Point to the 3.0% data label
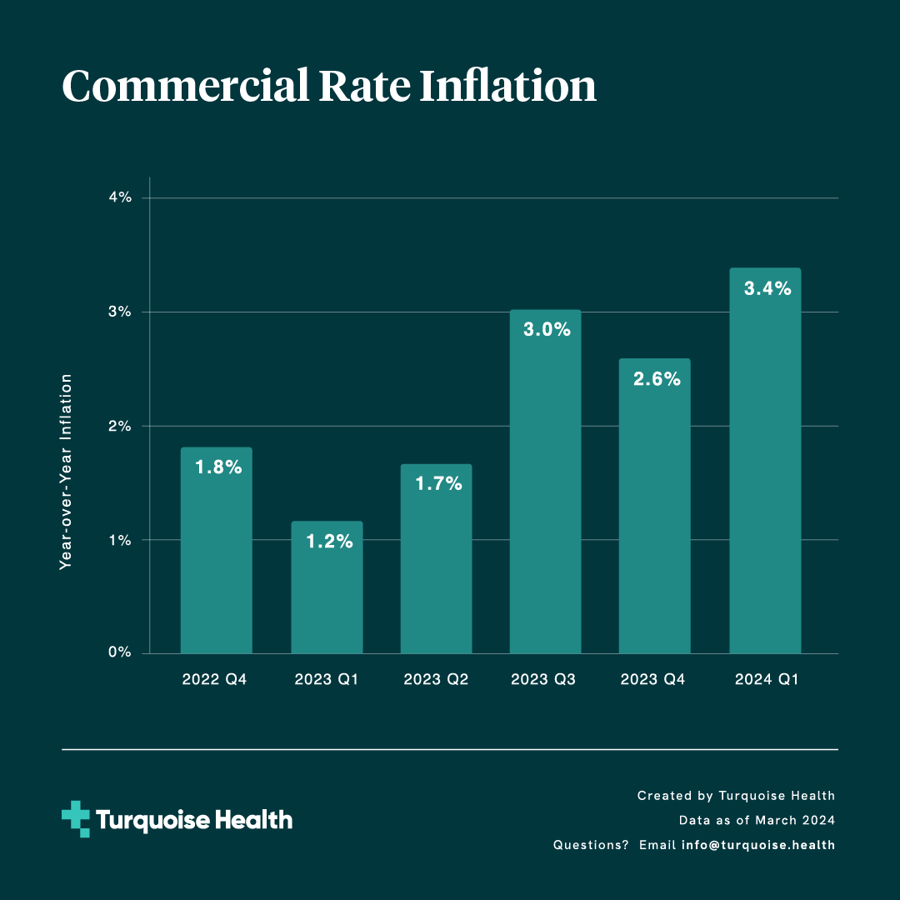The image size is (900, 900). click(x=547, y=330)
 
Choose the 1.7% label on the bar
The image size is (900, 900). click(x=437, y=483)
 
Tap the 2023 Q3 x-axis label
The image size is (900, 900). click(x=546, y=680)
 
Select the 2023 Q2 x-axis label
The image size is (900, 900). click(x=436, y=680)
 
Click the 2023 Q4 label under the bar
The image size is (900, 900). click(x=654, y=680)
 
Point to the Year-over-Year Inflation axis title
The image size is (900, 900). click(x=67, y=472)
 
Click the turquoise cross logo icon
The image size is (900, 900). click(x=76, y=819)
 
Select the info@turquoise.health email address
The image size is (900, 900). click(x=757, y=845)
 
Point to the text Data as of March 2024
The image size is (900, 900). click(x=757, y=821)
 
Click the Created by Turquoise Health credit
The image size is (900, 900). click(x=736, y=796)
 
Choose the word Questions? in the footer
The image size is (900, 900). click(x=590, y=845)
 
